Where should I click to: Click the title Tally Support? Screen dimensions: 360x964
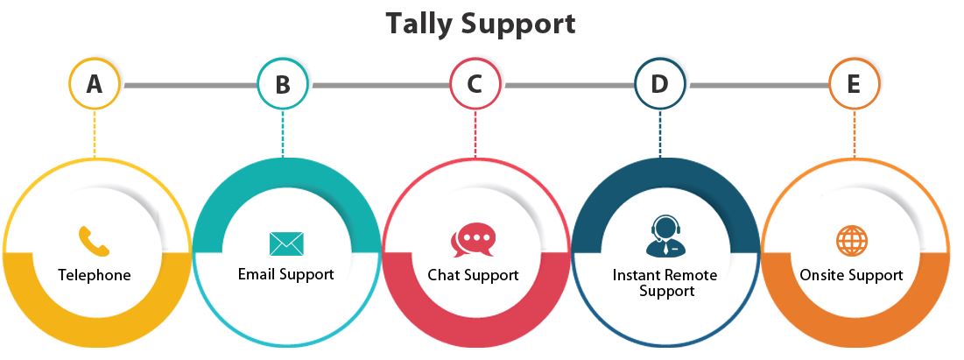point(481,24)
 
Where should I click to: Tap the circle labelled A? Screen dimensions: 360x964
point(94,84)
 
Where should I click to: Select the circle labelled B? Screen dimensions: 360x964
point(283,84)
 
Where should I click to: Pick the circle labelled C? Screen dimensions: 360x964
point(475,84)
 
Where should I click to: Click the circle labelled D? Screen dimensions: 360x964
point(659,84)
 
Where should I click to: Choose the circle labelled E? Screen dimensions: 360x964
point(853,84)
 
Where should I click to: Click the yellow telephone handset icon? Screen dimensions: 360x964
point(94,240)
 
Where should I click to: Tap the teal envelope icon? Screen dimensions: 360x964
point(285,243)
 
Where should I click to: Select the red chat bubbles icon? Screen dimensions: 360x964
point(474,239)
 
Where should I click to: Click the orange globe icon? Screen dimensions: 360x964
point(851,240)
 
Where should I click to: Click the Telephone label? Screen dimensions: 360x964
point(95,275)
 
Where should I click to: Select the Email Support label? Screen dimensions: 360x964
point(285,274)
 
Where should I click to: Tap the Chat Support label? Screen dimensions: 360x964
point(473,275)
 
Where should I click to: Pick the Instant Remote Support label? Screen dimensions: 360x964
point(665,282)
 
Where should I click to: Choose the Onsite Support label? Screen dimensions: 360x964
point(851,275)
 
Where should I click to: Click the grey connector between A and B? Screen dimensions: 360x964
point(188,85)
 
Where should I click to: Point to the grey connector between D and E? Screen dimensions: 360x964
point(757,85)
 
